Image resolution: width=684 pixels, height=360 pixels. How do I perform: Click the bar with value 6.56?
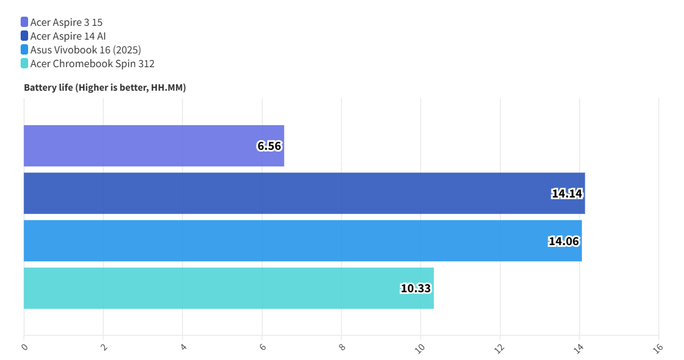[154, 146]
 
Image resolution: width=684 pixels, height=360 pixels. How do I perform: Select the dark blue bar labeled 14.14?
[304, 193]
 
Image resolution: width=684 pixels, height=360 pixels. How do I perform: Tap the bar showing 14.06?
[302, 241]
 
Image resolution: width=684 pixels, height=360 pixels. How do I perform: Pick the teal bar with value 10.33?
[228, 288]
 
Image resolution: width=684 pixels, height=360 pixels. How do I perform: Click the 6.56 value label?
[269, 146]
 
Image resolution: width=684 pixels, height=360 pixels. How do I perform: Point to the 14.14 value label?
[567, 193]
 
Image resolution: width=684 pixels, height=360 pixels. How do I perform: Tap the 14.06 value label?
[563, 241]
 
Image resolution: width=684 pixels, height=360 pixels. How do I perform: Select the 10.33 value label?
[415, 288]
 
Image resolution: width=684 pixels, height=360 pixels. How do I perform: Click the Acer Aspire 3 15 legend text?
[67, 22]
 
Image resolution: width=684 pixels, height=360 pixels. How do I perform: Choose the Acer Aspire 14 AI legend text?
[68, 36]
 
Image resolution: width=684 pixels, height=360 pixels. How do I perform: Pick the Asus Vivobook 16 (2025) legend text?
[85, 50]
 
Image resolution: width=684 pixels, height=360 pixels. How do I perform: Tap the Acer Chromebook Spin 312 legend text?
[92, 64]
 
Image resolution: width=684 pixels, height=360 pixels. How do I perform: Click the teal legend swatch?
[24, 64]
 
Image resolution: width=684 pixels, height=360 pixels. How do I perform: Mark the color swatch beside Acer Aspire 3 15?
[24, 22]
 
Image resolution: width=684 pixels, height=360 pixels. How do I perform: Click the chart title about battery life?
[105, 88]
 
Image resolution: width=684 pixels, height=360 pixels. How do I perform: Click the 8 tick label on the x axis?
[342, 347]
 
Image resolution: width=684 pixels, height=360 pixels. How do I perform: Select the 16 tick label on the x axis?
[658, 348]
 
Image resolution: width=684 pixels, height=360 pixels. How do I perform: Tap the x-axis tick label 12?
[500, 348]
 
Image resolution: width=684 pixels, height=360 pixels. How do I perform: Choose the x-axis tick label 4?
[183, 347]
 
